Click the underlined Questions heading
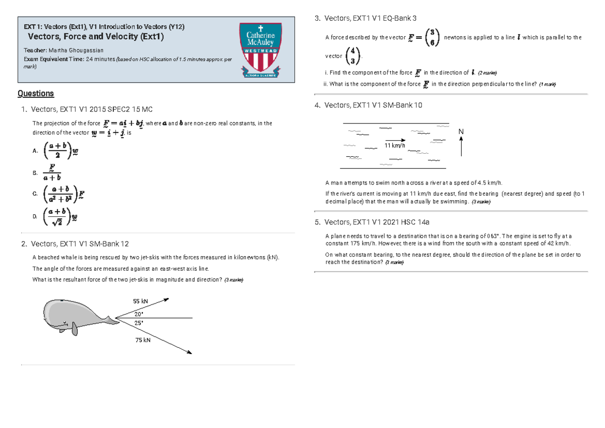point(35,93)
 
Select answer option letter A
point(35,151)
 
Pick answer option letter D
point(35,216)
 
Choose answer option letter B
point(35,173)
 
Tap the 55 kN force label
point(141,301)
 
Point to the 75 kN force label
point(143,340)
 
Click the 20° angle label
point(139,313)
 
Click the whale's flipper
point(75,329)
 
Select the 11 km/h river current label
point(394,145)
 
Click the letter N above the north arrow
point(461,132)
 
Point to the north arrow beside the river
point(461,147)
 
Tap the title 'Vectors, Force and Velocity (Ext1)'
point(96,36)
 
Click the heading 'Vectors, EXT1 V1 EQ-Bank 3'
point(371,19)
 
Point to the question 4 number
point(317,105)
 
